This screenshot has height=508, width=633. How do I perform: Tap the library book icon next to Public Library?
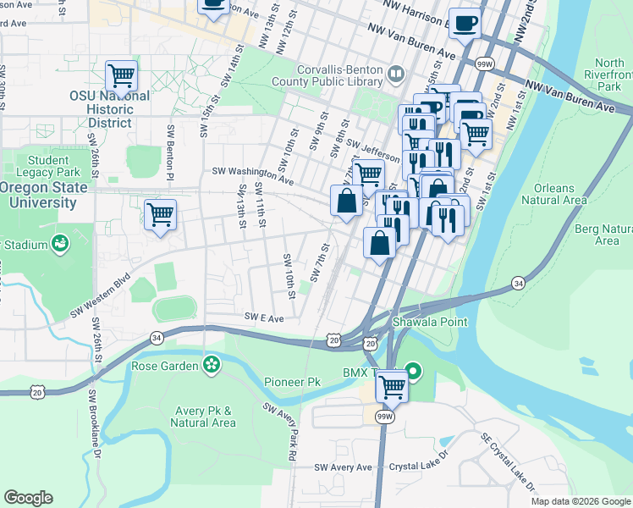click(x=394, y=75)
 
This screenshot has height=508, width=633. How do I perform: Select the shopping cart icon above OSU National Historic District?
click(x=122, y=75)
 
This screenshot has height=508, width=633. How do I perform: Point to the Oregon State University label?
click(x=42, y=196)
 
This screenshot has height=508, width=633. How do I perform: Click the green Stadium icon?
click(x=60, y=245)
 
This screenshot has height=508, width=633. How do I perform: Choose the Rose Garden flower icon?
click(x=211, y=366)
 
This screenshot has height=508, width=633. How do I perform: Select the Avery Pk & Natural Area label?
click(x=203, y=417)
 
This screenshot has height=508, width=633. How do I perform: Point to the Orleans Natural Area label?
click(x=554, y=194)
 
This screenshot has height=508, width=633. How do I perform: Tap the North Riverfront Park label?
click(x=608, y=75)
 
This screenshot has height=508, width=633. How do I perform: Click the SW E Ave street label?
click(x=263, y=317)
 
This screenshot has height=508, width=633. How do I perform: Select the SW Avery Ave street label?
click(x=343, y=467)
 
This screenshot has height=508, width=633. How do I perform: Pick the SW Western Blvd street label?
click(x=100, y=295)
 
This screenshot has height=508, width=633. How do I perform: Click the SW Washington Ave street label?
click(x=252, y=176)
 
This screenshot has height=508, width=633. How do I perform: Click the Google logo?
click(x=28, y=498)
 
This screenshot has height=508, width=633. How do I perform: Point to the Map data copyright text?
click(x=581, y=501)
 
